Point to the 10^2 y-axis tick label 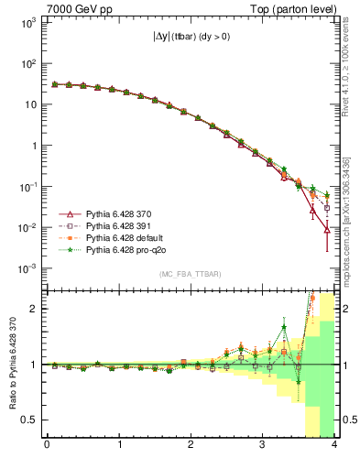[28, 64]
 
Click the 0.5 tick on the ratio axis [29, 420]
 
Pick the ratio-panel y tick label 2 [34, 309]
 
